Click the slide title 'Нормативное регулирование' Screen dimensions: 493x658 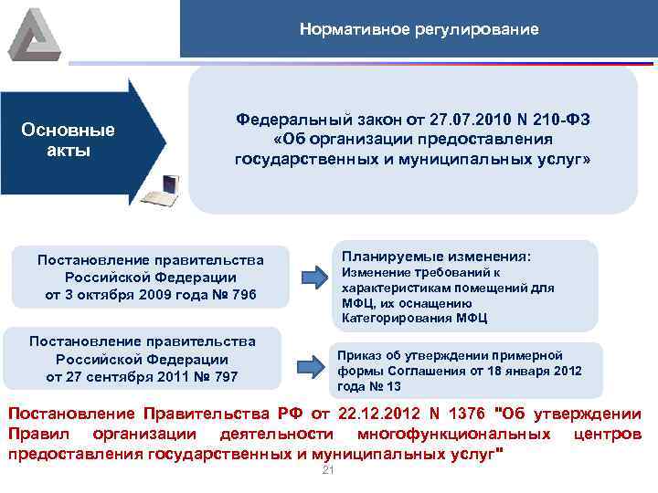pyautogui.click(x=419, y=29)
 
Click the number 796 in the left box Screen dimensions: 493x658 pyautogui.click(x=244, y=294)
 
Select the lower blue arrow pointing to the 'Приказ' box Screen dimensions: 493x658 pyautogui.click(x=313, y=365)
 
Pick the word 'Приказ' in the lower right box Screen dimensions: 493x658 pyautogui.click(x=359, y=354)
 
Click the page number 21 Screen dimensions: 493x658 pyautogui.click(x=329, y=470)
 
